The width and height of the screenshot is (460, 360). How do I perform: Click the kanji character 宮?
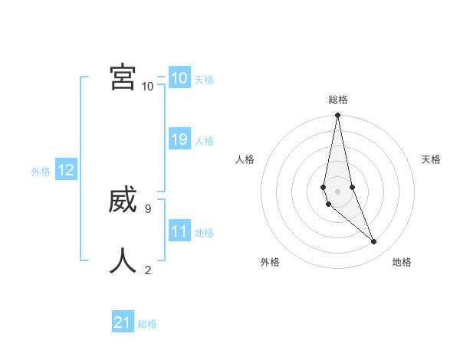[123, 77]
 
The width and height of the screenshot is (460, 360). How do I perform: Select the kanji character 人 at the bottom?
[123, 260]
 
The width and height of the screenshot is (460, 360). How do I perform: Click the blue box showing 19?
[179, 139]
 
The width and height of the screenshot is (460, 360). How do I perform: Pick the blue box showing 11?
[179, 231]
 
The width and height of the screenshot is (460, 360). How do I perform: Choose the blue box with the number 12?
[65, 171]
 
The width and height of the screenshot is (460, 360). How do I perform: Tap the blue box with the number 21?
[123, 322]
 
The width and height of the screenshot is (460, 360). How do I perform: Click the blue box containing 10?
[179, 78]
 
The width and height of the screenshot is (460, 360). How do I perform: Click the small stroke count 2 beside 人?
[148, 270]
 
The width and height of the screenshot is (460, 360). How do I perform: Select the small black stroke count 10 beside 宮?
[147, 87]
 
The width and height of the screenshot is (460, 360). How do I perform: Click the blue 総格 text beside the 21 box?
[147, 324]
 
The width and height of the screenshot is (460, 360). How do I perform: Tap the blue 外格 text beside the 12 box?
[41, 172]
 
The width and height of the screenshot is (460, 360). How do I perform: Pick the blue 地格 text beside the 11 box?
[204, 233]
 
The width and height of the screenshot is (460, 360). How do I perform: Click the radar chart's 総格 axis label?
[338, 100]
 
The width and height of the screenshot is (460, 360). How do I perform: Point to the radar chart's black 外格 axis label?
[270, 262]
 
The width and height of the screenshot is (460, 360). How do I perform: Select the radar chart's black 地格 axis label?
[402, 262]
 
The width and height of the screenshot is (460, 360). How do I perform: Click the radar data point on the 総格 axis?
[337, 116]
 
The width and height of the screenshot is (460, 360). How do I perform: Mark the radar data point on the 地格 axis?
[373, 242]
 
